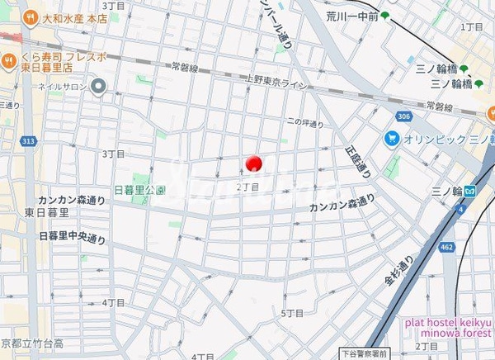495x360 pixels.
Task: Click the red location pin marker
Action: point(253,163)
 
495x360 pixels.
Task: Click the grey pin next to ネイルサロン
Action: point(99,85)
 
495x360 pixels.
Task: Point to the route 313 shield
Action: point(28,141)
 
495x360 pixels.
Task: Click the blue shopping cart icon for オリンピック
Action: point(391,139)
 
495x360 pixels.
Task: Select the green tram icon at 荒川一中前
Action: point(384,15)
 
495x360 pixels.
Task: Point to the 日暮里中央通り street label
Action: point(72,237)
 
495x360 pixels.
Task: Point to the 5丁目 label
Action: point(292,313)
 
